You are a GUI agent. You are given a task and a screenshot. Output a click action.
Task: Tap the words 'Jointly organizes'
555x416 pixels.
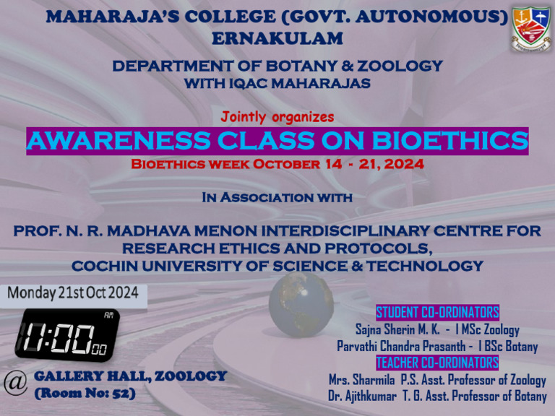click(277, 116)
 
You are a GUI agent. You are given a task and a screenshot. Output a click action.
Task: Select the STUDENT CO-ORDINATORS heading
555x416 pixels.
click(437, 313)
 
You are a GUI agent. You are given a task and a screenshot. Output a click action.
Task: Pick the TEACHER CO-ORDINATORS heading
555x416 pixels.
click(437, 362)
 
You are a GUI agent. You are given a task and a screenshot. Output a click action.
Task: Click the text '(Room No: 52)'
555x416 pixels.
click(85, 394)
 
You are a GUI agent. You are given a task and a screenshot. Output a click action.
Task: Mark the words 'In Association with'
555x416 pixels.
click(277, 196)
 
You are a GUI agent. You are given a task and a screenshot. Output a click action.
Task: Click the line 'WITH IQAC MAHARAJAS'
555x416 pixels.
click(277, 84)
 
